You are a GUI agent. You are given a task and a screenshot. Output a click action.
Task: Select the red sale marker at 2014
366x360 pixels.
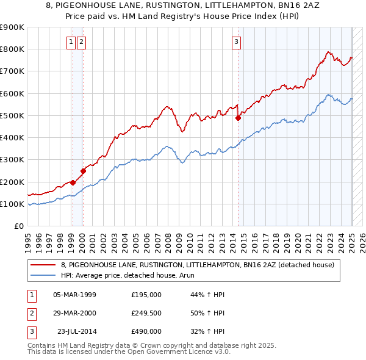pos(238,118)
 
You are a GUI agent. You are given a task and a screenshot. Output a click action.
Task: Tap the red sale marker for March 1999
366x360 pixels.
pos(73,182)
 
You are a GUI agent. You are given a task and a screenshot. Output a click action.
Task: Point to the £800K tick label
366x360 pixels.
pos(12,49)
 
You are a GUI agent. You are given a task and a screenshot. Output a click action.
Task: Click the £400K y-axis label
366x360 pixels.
pos(12,138)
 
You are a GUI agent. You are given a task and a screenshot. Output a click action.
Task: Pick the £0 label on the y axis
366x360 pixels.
pos(19,226)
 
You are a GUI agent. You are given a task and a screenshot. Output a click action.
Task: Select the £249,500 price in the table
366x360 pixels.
pos(146,313)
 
